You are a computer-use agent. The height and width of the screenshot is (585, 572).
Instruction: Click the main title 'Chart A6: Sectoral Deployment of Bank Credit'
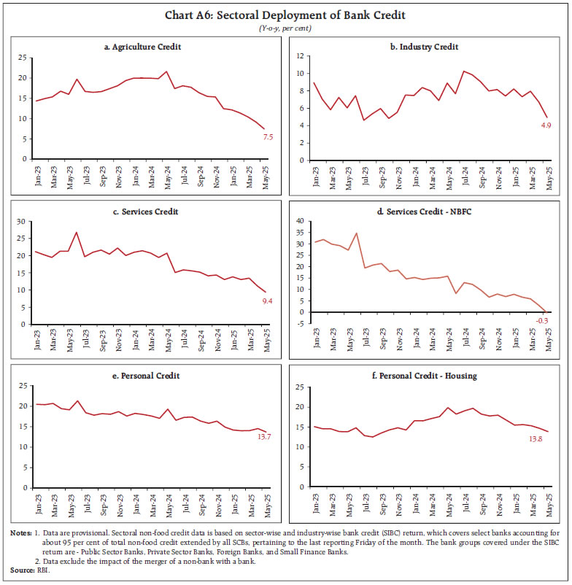(285, 15)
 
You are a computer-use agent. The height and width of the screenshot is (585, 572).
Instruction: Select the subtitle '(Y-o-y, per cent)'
(285, 28)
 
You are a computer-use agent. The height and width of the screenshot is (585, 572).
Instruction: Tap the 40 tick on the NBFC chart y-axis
(299, 220)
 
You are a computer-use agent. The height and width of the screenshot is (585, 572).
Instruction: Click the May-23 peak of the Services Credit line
(76, 233)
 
